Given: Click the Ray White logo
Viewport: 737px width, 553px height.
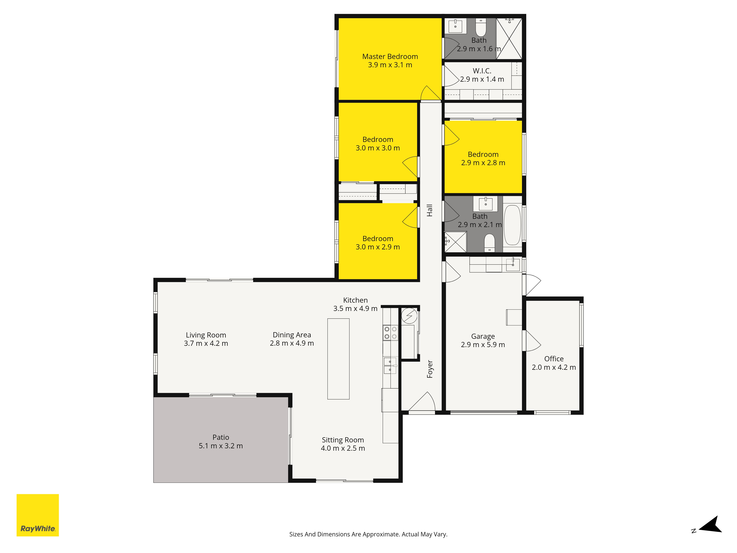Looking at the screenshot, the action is tap(38, 515).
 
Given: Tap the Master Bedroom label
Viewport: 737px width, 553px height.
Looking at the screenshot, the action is tap(390, 57).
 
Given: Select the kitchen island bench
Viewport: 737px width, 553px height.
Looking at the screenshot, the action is tap(338, 359).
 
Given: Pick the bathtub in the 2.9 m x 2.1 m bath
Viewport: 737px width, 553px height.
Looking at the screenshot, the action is tap(512, 225).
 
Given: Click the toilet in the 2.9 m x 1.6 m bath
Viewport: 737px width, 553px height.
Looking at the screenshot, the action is tap(481, 27).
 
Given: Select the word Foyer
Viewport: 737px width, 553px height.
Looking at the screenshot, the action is tap(430, 369).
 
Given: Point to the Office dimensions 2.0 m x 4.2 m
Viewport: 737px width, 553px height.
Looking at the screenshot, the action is tap(554, 367).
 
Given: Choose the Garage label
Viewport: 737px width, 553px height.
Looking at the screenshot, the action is tap(483, 337).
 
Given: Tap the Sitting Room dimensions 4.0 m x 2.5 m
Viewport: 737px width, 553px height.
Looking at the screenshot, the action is tap(343, 448).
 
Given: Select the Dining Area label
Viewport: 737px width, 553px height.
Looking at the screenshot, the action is tap(292, 335).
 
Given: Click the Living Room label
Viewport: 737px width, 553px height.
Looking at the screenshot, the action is tap(206, 335).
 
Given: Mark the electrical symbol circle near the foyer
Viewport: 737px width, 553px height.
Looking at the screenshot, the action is tap(409, 316).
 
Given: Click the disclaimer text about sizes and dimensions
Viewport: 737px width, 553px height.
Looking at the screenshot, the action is tap(368, 534).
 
